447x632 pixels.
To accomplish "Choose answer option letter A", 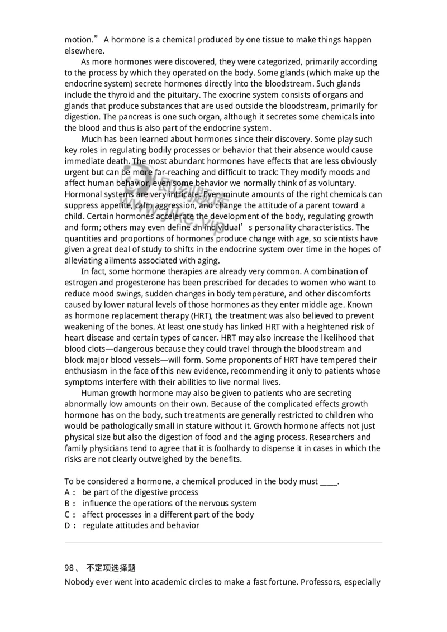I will click(68, 492).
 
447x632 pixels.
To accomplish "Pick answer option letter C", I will click(68, 515).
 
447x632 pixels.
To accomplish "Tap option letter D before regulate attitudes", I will click(68, 525).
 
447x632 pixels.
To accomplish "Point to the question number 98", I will click(69, 568).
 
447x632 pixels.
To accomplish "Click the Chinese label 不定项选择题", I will click(111, 568).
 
